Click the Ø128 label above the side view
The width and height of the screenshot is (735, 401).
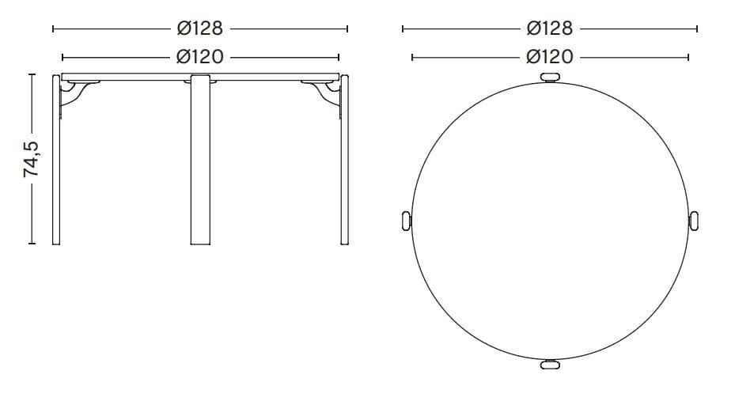tap(200, 29)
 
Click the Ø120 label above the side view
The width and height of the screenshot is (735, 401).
tap(200, 58)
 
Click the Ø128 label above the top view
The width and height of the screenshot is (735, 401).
tap(550, 29)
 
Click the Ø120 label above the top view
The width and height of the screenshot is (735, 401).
tap(550, 58)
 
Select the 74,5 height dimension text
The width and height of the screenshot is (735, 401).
tap(32, 158)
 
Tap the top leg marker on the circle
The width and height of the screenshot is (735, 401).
tap(550, 77)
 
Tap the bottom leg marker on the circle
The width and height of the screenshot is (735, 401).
tap(550, 365)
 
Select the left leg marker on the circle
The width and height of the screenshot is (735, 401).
tap(406, 221)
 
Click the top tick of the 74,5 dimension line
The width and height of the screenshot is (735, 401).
tap(32, 74)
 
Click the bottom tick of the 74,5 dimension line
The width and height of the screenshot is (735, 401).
tap(32, 244)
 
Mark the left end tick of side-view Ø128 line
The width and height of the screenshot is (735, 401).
tap(52, 29)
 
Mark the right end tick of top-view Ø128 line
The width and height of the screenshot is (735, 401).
tap(697, 29)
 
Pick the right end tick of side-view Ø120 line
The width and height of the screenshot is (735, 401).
tap(339, 58)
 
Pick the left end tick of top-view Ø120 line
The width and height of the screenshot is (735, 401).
tap(412, 58)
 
